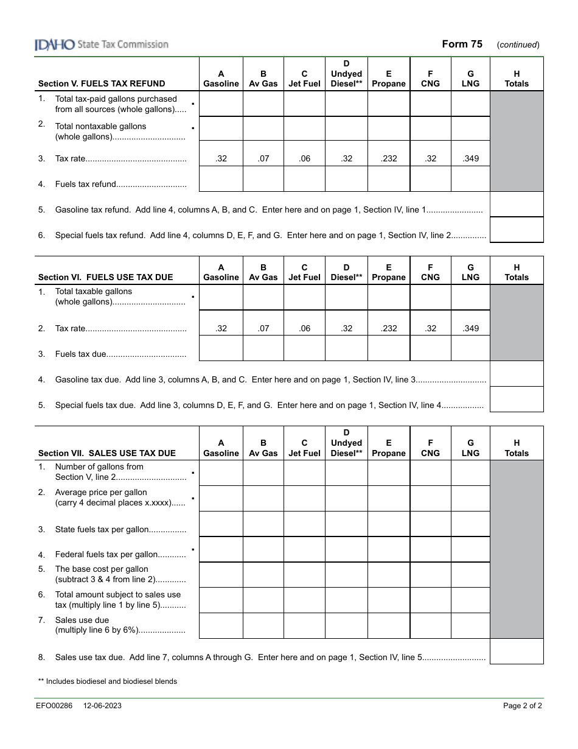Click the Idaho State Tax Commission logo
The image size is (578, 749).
(102, 44)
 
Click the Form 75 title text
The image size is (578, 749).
(462, 44)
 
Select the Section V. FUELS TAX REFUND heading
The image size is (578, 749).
(102, 83)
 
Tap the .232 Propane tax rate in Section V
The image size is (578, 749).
(389, 158)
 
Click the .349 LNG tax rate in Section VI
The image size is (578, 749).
(470, 328)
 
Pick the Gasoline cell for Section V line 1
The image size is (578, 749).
(221, 104)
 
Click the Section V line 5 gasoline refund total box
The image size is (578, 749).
(516, 205)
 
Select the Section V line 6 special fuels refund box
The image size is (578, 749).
(516, 230)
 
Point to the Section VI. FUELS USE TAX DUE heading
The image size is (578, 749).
(105, 277)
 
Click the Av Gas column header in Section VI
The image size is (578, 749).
(263, 272)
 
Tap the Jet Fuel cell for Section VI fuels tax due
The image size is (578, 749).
(304, 348)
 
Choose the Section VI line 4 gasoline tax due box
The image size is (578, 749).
(516, 374)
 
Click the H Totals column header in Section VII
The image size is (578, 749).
(517, 448)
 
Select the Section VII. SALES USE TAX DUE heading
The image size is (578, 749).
(106, 453)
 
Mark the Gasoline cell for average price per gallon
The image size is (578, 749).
(221, 498)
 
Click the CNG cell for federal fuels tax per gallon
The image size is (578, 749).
(430, 549)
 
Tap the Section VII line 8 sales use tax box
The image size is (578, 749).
(516, 652)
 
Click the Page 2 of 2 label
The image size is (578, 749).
(522, 706)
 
